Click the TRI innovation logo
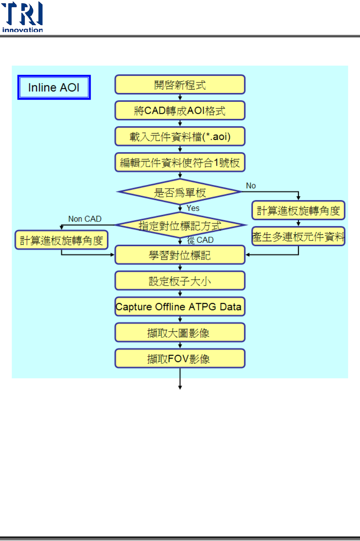22,17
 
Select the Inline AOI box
54,88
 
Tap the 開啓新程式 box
180,85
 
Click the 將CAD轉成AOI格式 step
180,111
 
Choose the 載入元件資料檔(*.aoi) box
180,136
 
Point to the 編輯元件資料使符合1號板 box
180,163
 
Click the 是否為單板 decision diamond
180,192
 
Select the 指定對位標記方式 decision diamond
180,225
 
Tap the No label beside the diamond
251,186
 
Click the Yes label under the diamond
193,208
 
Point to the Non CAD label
85,219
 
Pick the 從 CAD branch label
200,240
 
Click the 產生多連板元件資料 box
298,237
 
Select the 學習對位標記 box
180,255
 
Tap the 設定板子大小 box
180,281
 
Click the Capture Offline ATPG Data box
180,306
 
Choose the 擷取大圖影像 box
180,333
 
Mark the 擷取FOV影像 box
180,359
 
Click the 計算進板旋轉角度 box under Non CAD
62,240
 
